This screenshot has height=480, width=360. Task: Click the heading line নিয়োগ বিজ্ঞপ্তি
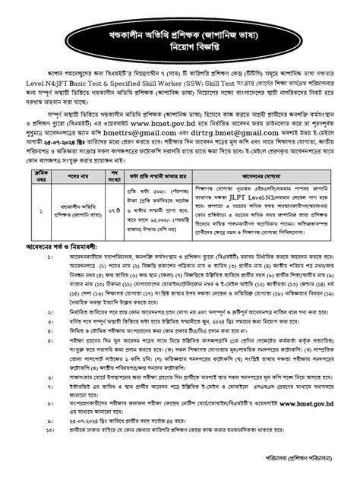[x=180, y=55]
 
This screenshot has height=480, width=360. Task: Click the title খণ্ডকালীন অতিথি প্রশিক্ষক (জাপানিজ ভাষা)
[x=180, y=37]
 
